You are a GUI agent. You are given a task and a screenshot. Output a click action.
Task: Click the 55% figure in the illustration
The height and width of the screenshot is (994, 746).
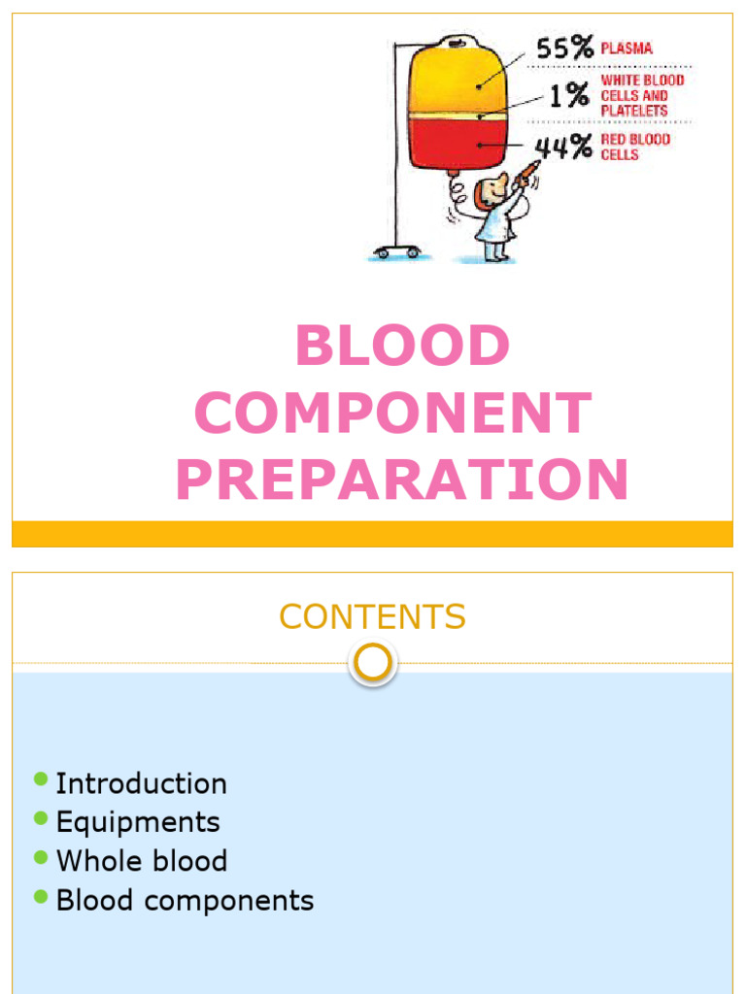tap(565, 49)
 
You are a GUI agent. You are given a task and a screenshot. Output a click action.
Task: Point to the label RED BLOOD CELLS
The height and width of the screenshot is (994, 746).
tap(634, 148)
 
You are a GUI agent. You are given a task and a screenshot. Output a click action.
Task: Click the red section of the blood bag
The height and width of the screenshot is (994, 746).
tap(457, 141)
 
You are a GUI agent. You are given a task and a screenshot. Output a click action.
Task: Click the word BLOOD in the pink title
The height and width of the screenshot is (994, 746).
tap(402, 347)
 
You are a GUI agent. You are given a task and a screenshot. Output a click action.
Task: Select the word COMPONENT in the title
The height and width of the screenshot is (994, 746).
tap(393, 414)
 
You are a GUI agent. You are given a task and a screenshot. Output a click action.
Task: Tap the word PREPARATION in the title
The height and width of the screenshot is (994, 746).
tap(402, 480)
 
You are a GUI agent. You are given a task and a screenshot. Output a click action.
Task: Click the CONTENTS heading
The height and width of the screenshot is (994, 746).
tap(373, 616)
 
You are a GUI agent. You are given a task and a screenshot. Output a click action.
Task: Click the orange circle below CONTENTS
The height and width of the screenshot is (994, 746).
tap(373, 664)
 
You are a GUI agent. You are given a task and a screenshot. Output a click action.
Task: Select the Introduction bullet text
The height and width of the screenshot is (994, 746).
tap(141, 783)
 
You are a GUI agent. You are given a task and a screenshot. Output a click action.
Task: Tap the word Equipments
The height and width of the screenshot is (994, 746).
tap(138, 822)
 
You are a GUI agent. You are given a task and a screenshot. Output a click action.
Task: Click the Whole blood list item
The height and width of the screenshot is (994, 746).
tap(142, 861)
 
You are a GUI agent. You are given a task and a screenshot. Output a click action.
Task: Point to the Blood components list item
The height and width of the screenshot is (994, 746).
tap(185, 900)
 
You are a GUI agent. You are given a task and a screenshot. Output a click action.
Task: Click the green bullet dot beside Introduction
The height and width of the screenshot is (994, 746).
tap(40, 779)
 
